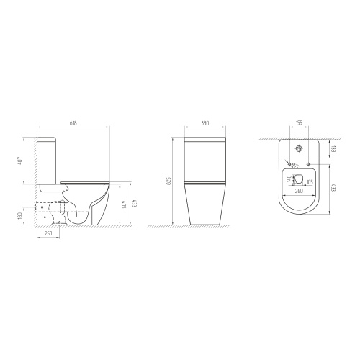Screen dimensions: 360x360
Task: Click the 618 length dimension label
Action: coord(73,123)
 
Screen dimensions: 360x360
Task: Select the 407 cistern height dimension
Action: coord(20,161)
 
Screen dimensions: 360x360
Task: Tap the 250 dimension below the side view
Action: coord(48,233)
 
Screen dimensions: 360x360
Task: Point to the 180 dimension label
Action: coord(20,216)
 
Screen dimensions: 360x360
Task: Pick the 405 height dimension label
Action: coord(124,204)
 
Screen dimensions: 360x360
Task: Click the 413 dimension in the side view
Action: coord(135,204)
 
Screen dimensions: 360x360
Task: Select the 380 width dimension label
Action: coord(205,123)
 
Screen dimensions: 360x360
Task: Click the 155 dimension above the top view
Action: coord(299,123)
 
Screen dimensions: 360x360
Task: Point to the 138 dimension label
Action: coord(333,149)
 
